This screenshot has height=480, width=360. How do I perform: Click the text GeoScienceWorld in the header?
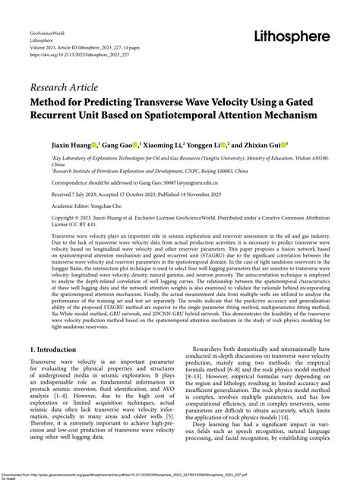48,35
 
